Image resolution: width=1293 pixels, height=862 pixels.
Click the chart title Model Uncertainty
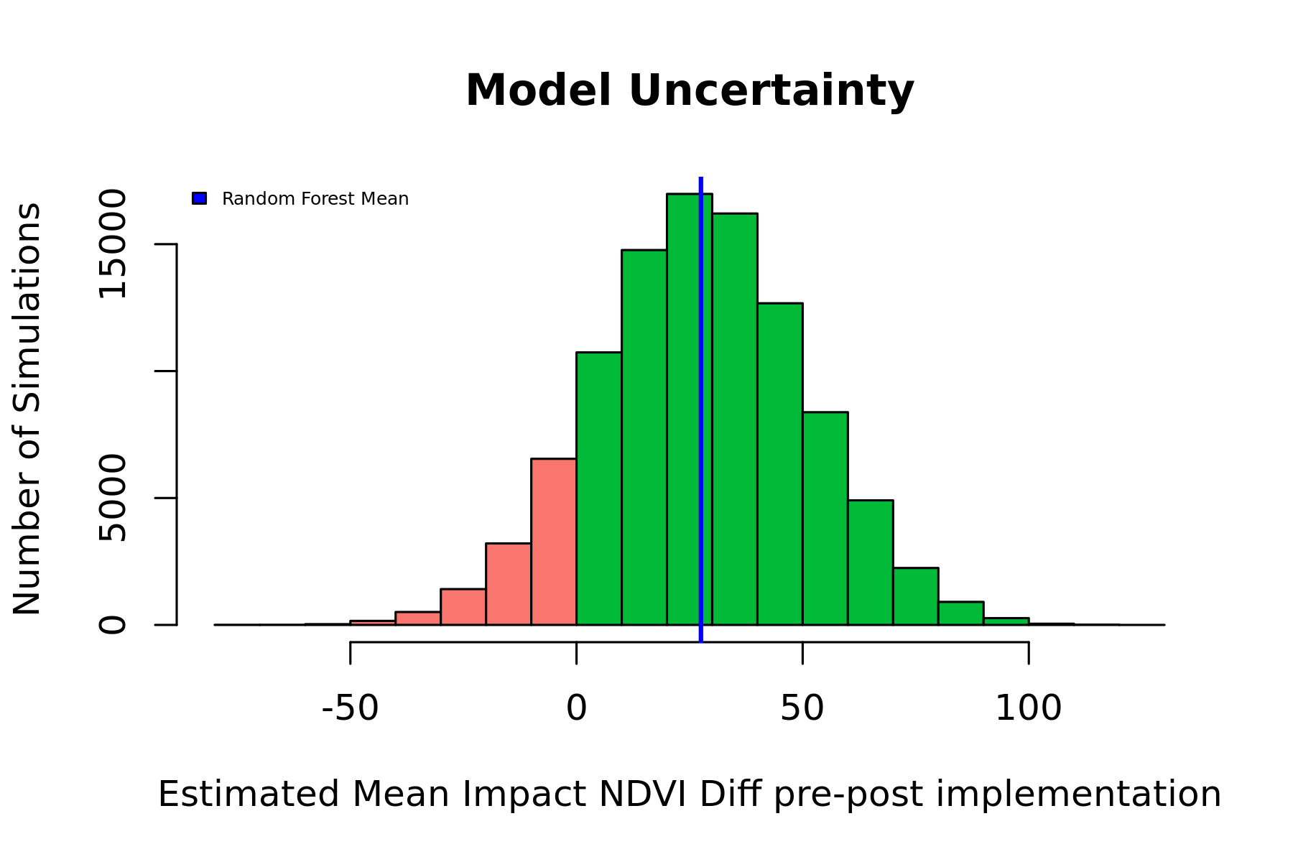click(x=690, y=91)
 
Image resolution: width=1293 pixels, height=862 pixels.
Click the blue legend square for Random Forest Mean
click(x=200, y=198)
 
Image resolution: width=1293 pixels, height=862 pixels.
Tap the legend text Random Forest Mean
click(x=315, y=199)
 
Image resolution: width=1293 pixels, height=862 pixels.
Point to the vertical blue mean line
click(x=700, y=409)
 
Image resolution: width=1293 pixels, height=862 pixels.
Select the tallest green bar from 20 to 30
click(x=689, y=409)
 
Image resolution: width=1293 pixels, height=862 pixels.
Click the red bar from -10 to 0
click(x=554, y=542)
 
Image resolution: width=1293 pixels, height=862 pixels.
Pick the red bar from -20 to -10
click(x=509, y=584)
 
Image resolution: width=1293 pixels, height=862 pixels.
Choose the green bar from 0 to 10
click(x=599, y=488)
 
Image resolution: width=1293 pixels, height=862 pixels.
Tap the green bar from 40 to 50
click(x=780, y=464)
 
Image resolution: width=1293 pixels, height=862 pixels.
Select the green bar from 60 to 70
click(x=871, y=562)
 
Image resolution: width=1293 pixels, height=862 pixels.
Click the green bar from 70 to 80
click(x=916, y=596)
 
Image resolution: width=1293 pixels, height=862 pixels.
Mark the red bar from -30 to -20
click(x=463, y=607)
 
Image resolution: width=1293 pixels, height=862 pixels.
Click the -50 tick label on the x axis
click(x=350, y=709)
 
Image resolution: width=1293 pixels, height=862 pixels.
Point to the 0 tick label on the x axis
click(x=576, y=709)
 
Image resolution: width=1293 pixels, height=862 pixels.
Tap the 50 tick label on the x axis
click(x=802, y=709)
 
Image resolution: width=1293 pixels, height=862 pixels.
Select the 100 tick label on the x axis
click(x=1028, y=709)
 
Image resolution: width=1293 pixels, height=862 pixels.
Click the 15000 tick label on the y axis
click(x=113, y=244)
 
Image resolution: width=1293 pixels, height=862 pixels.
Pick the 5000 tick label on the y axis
click(x=113, y=498)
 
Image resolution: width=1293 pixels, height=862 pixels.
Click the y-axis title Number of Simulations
click(x=27, y=409)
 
